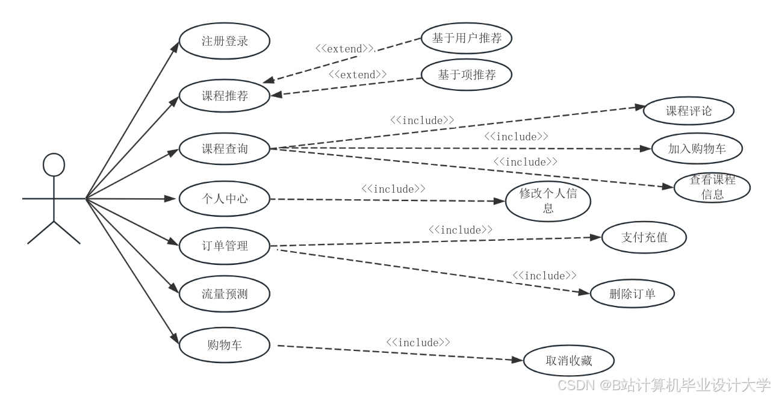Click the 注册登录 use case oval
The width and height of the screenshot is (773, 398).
225,42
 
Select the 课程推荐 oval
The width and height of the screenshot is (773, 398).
225,95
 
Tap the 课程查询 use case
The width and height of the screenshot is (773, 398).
225,148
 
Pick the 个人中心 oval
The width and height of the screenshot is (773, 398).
225,198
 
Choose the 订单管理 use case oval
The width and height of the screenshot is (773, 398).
225,246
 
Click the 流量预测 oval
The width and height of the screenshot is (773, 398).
225,294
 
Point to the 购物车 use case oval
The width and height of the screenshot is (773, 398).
225,345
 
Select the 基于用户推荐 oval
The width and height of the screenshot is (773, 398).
467,39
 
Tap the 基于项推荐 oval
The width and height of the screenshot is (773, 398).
467,75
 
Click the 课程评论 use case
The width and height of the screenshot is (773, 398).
689,111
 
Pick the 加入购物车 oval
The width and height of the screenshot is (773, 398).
697,149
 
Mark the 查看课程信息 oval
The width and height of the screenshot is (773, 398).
712,187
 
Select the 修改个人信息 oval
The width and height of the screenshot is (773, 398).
548,201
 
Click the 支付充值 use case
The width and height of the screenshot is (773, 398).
644,237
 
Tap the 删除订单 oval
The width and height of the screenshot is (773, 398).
632,294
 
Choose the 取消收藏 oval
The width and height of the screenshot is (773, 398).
569,361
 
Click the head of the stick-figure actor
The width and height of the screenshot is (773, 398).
54,165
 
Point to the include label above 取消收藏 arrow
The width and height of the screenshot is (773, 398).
418,342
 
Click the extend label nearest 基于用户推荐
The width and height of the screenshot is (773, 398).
344,48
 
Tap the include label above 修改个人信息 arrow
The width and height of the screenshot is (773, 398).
394,189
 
